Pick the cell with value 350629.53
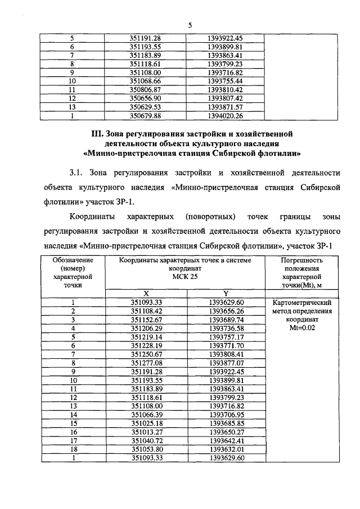[x=146, y=107]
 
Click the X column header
[x=146, y=293]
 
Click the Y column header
[x=225, y=293]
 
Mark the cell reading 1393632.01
[x=225, y=449]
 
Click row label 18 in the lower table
[x=73, y=449]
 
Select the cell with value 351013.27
[x=146, y=431]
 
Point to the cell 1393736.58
[x=225, y=328]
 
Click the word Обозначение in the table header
[x=73, y=260]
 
